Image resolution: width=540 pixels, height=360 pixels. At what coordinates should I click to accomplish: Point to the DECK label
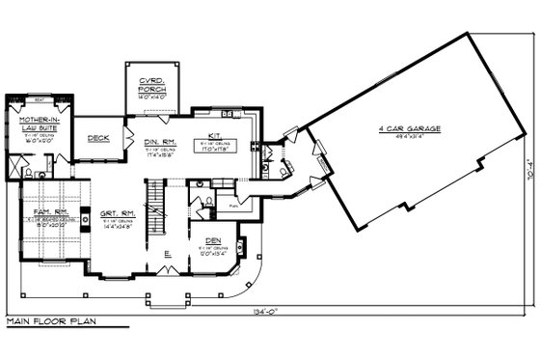pos(97,138)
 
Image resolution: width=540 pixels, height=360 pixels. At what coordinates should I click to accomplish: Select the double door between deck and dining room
pos(126,134)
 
